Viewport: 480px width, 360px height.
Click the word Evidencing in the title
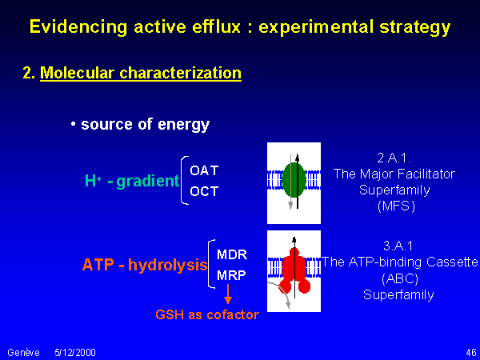78,27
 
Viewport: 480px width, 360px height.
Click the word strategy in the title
414,27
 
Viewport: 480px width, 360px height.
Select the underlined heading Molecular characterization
141,74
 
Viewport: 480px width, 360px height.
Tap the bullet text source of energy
145,125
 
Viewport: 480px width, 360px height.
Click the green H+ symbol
94,181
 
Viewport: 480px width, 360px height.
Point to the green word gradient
148,182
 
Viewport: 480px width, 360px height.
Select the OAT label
204,171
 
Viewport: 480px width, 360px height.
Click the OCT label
204,191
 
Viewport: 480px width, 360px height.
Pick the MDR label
232,254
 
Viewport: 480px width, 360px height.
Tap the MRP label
231,275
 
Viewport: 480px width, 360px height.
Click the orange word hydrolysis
168,265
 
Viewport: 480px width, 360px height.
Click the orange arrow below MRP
228,294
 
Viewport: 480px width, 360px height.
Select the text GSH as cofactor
207,314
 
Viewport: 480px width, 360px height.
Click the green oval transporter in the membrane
294,180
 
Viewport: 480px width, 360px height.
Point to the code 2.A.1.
394,158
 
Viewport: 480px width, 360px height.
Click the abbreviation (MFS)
397,206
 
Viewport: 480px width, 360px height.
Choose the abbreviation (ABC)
400,278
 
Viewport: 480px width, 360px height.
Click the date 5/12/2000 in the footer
75,353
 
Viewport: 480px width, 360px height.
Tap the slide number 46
471,353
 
